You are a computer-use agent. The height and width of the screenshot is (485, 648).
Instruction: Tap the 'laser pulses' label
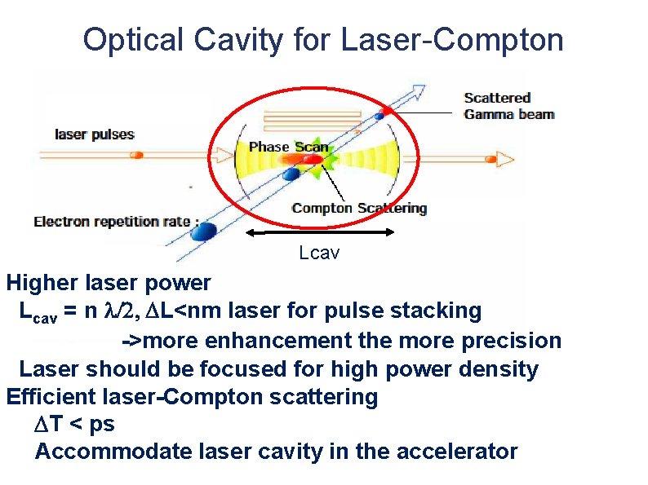[x=94, y=134]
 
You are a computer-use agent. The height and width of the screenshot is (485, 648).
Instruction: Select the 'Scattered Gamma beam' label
[x=509, y=106]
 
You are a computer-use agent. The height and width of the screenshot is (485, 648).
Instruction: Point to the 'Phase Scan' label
[x=288, y=147]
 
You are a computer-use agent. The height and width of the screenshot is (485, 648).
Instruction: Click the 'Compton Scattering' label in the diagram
[x=359, y=208]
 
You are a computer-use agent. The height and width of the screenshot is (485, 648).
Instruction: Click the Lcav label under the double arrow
[x=318, y=253]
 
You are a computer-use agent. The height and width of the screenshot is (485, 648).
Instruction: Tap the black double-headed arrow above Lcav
[x=319, y=234]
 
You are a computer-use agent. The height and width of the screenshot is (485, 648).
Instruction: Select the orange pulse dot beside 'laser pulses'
[x=138, y=154]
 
